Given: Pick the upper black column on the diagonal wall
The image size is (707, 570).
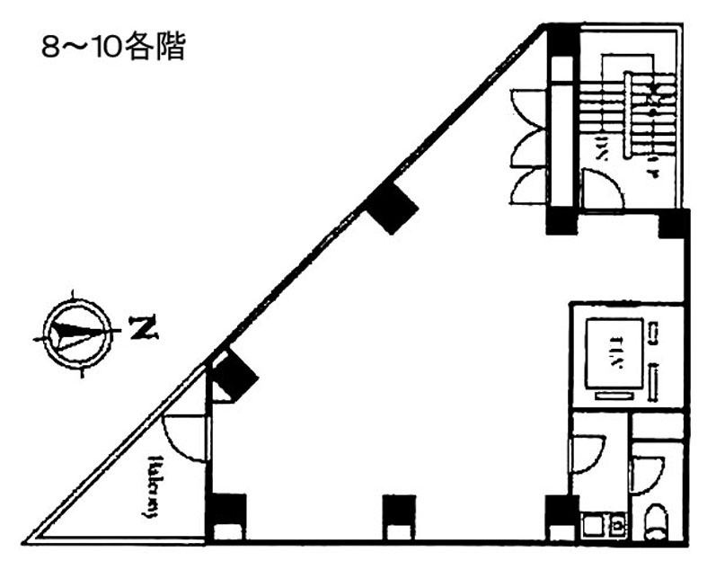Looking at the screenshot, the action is pyautogui.click(x=392, y=208).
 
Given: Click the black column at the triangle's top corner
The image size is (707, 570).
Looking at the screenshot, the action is pyautogui.click(x=563, y=40).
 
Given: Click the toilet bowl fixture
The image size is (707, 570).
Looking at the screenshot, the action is pyautogui.click(x=657, y=522).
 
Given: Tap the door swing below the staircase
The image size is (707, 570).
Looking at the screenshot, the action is pyautogui.click(x=600, y=190).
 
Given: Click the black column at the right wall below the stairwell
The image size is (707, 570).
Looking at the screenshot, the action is pyautogui.click(x=673, y=224).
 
